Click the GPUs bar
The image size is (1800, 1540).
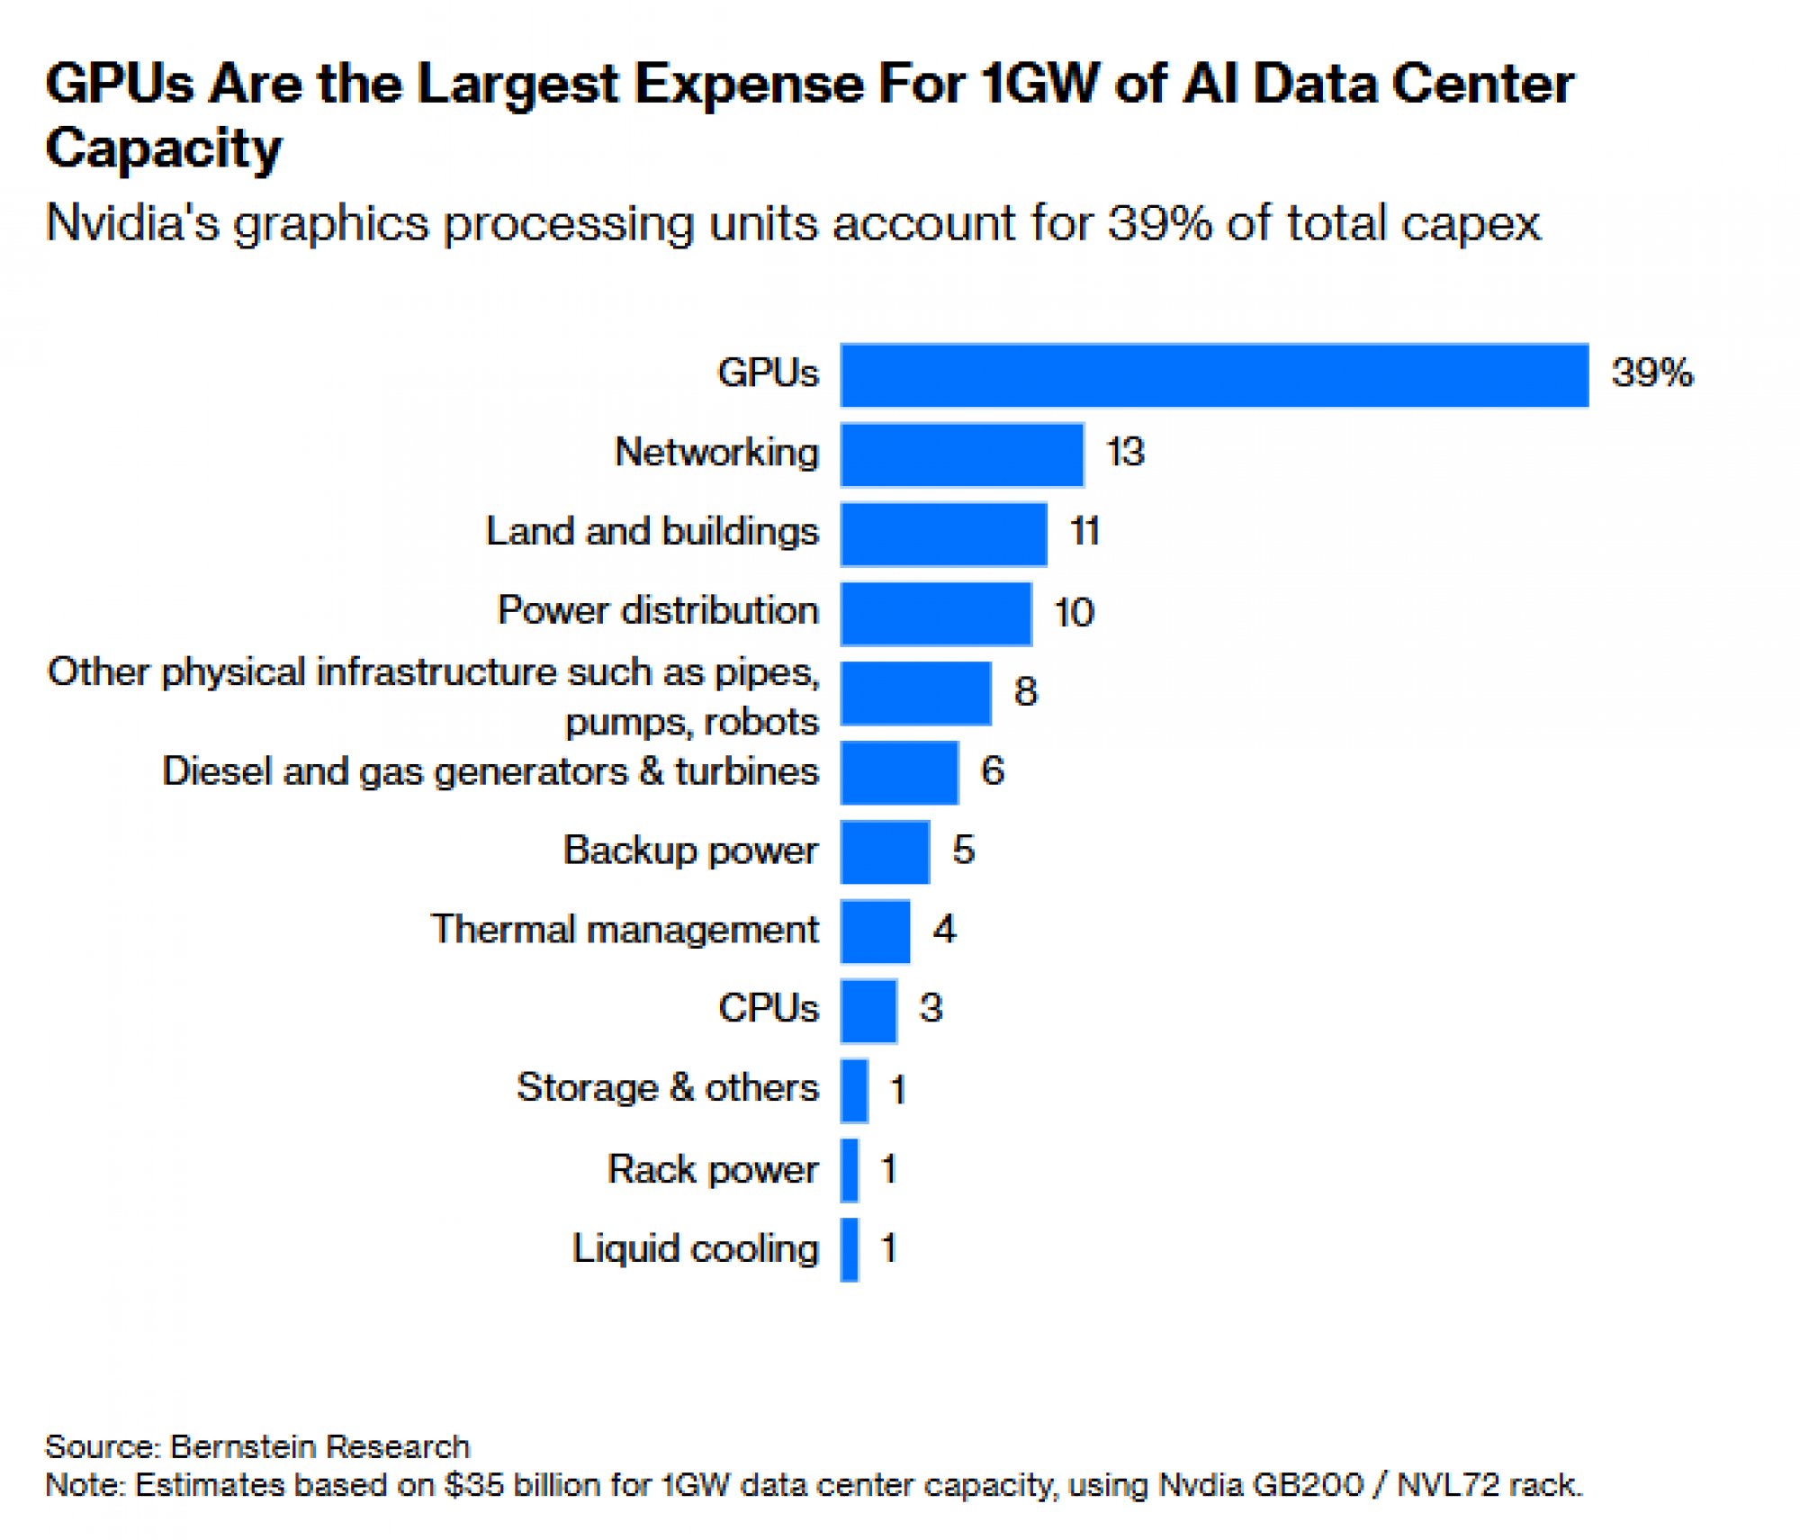(1214, 375)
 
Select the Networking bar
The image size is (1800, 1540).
(962, 455)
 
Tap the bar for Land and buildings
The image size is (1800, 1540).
(944, 534)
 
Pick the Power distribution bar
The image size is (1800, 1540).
(936, 614)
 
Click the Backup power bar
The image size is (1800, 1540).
(885, 851)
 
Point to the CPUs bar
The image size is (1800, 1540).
(869, 1010)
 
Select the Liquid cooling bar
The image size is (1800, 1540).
(850, 1249)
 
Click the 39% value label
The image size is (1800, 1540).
(1652, 373)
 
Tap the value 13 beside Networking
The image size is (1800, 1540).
(1125, 452)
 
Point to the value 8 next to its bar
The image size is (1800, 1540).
(1026, 691)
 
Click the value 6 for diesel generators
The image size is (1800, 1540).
(993, 770)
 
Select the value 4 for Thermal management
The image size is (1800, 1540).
(944, 929)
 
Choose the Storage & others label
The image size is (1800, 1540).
(667, 1088)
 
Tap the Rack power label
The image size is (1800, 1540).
(713, 1169)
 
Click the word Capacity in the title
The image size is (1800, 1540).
(164, 149)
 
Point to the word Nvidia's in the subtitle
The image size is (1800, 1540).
(132, 223)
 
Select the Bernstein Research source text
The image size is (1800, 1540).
(319, 1446)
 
